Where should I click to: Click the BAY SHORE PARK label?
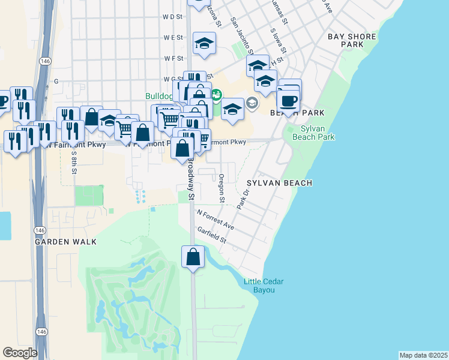point(352,40)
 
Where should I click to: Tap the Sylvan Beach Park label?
point(313,133)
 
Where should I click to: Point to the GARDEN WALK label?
point(65,241)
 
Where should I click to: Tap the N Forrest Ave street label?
point(214,220)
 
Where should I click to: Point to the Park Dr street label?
point(243,199)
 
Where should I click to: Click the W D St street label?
point(172,17)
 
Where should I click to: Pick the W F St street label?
point(173,58)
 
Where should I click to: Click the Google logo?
point(20,353)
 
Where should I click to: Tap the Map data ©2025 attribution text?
point(423,355)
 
